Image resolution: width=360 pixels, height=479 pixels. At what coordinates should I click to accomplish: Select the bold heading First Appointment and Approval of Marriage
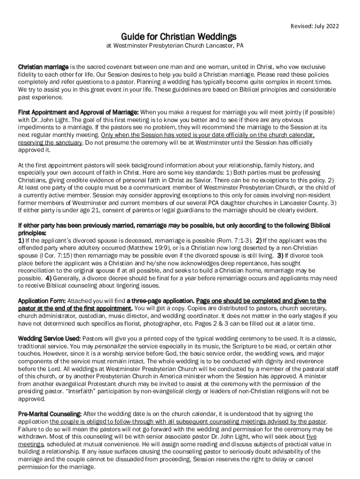(78, 113)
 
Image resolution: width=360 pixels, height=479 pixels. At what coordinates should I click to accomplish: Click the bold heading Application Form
(42, 301)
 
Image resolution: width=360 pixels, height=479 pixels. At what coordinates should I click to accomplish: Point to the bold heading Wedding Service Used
(49, 338)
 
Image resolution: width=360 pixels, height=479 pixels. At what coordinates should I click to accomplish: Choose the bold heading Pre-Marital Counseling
(50, 414)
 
